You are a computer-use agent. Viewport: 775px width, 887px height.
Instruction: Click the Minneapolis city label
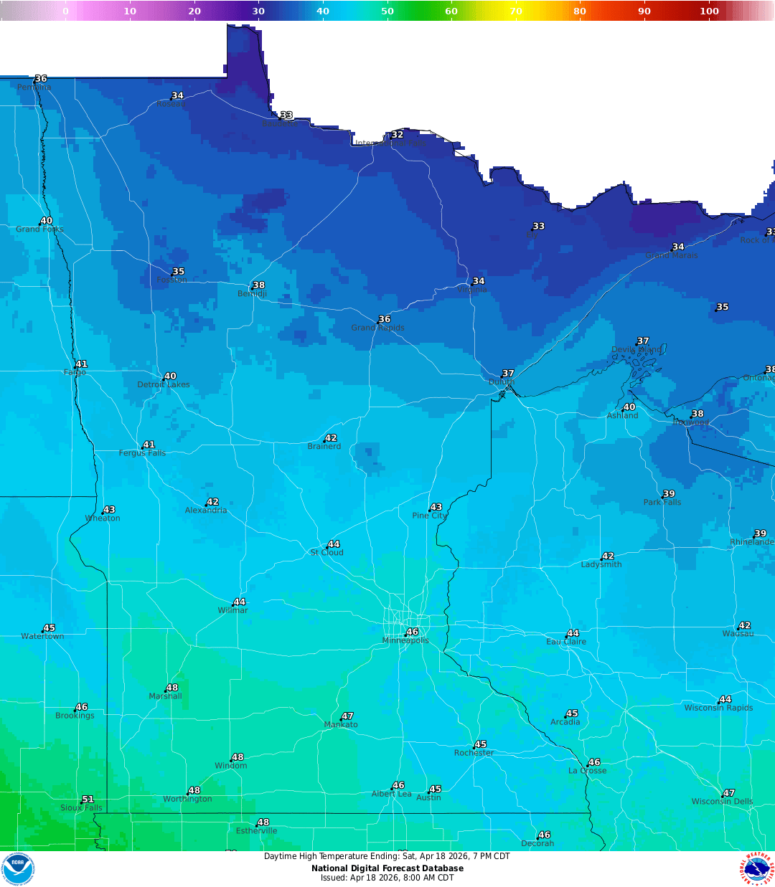click(x=405, y=640)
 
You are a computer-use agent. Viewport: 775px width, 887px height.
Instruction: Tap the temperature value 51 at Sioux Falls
click(x=88, y=799)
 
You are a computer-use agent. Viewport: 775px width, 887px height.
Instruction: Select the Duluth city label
click(x=502, y=382)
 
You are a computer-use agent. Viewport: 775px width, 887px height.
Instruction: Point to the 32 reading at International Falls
click(x=397, y=134)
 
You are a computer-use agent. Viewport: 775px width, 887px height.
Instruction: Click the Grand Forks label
click(x=39, y=229)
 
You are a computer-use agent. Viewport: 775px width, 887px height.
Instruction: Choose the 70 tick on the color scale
click(x=515, y=11)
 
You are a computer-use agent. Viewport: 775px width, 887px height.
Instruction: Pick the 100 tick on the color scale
click(x=709, y=11)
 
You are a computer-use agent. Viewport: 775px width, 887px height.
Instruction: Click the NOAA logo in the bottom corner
click(x=18, y=869)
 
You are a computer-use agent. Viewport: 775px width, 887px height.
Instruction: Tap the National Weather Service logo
click(x=756, y=869)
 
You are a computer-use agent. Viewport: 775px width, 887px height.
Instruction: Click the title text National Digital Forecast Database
click(x=387, y=868)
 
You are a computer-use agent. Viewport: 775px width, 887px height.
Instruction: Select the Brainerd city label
click(x=324, y=447)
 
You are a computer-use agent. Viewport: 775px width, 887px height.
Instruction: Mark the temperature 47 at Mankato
click(x=347, y=716)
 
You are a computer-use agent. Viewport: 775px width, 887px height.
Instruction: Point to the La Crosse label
click(x=587, y=771)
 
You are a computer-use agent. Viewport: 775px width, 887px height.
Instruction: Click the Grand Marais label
click(x=671, y=255)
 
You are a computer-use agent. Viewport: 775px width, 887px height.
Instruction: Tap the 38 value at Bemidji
click(x=259, y=285)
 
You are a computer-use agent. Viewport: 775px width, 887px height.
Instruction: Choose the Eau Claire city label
click(x=566, y=642)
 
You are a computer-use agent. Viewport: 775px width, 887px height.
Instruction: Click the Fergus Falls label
click(x=142, y=453)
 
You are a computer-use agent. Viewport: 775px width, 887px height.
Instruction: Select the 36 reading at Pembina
click(x=41, y=78)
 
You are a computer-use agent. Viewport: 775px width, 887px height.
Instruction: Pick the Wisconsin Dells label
click(x=722, y=802)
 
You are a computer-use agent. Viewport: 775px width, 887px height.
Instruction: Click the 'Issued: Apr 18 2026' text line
click(x=387, y=878)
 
